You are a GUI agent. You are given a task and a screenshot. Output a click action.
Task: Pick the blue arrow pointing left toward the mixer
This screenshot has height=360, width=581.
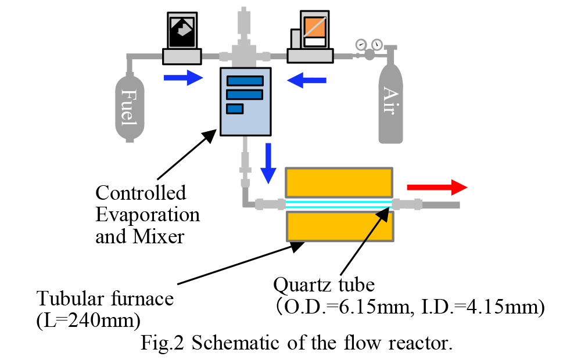point(303,80)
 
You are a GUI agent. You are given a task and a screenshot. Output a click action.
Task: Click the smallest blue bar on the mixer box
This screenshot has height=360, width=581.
point(235,109)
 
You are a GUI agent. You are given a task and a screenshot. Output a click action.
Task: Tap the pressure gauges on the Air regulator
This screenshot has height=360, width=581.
point(369,44)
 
